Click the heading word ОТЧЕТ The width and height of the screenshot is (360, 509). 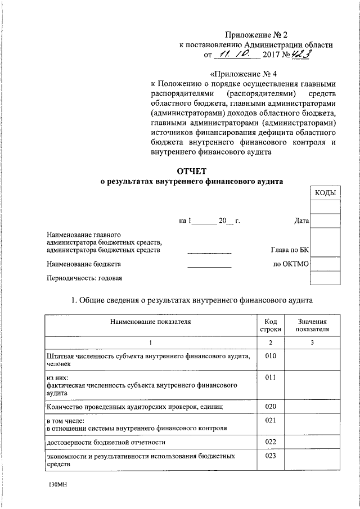point(192,171)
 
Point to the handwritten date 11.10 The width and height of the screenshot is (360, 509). point(237,55)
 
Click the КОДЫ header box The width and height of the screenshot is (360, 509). point(326,193)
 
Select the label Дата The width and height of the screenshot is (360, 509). point(301,221)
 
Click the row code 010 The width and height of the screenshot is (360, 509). point(271,356)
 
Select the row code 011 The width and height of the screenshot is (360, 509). point(271,377)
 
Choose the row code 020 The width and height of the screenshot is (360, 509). point(271,407)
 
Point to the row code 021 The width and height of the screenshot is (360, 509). point(271,420)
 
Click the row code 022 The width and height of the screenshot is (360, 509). point(271,442)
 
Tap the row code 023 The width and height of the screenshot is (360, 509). point(271,456)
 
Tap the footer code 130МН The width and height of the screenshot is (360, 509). point(58,484)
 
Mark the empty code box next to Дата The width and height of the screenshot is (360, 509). point(326,221)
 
